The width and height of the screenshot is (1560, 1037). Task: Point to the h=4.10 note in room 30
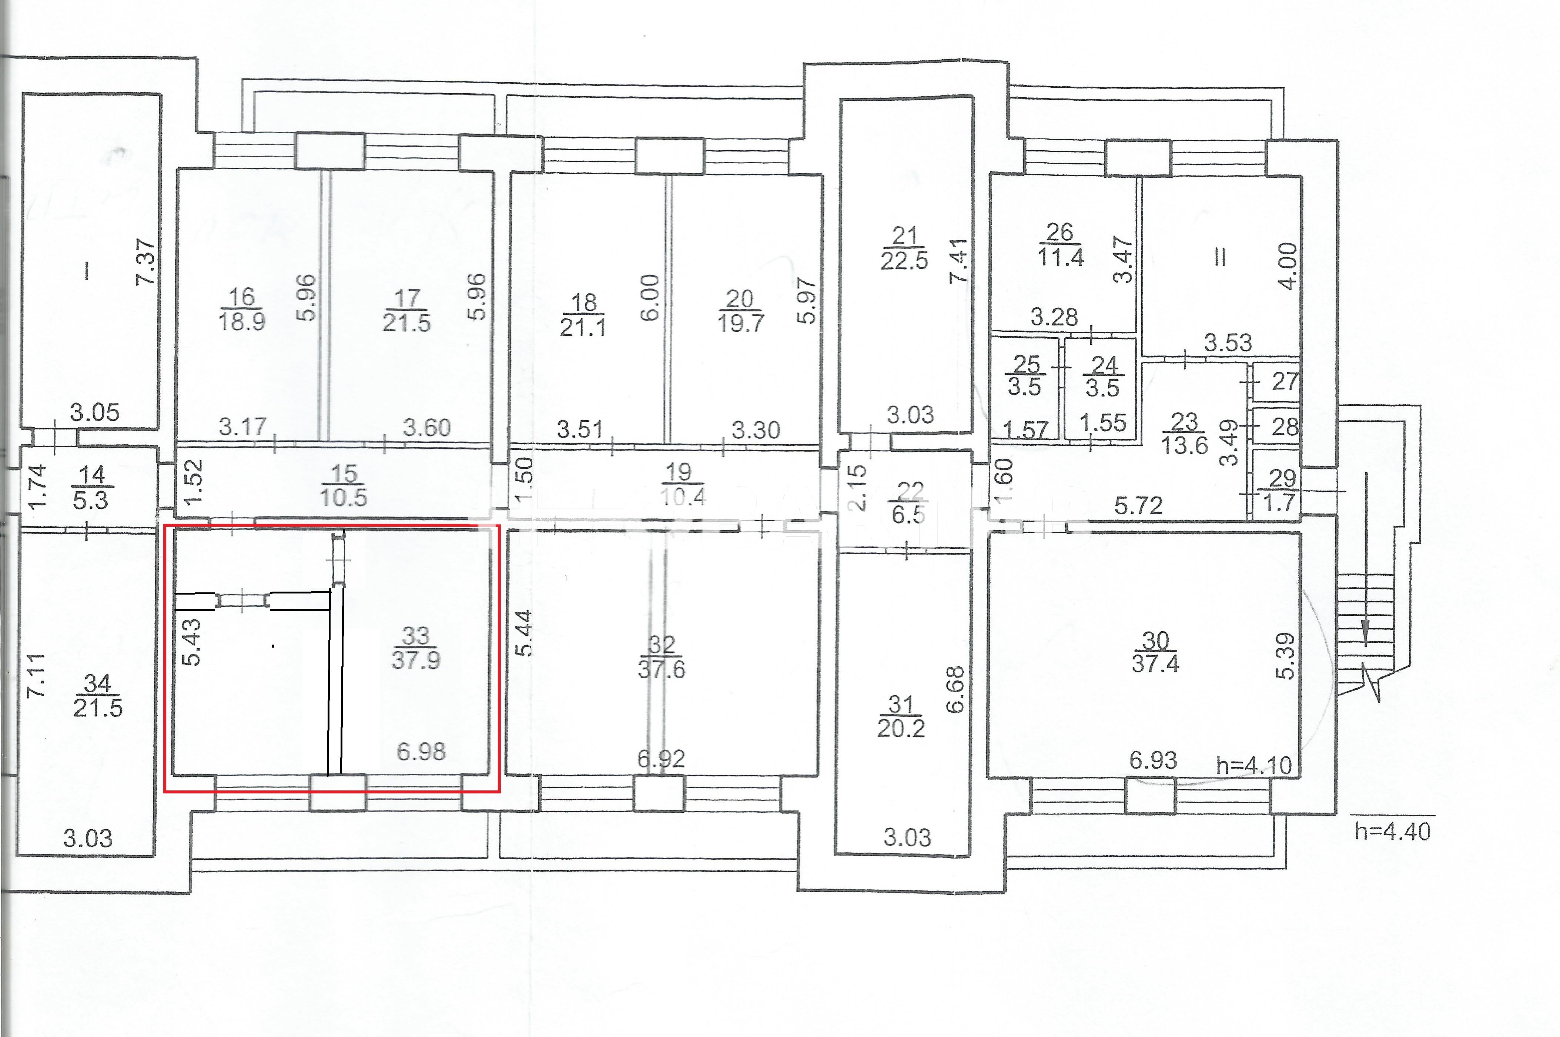pyautogui.click(x=1254, y=765)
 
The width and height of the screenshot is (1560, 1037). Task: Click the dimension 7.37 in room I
pyautogui.click(x=145, y=262)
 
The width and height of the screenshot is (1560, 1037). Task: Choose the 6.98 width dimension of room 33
pyautogui.click(x=421, y=751)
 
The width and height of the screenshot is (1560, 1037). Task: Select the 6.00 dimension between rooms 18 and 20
pyautogui.click(x=650, y=298)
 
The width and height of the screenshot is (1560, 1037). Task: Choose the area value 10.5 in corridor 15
pyautogui.click(x=343, y=497)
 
